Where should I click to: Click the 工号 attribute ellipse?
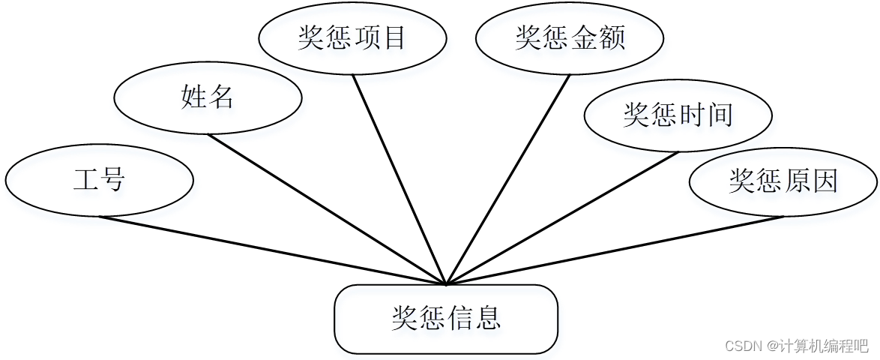(99, 181)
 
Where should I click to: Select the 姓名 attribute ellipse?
(208, 97)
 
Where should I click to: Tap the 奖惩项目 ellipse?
(352, 37)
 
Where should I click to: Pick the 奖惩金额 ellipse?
(570, 37)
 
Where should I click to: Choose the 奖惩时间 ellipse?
(678, 115)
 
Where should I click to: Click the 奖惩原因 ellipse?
(783, 181)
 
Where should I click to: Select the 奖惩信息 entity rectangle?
(446, 319)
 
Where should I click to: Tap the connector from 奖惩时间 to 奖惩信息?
(562, 218)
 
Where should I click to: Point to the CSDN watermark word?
(741, 346)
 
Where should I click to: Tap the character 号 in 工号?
(113, 181)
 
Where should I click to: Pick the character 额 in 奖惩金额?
(612, 37)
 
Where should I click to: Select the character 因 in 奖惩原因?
(825, 181)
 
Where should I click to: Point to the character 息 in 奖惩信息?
(488, 319)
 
